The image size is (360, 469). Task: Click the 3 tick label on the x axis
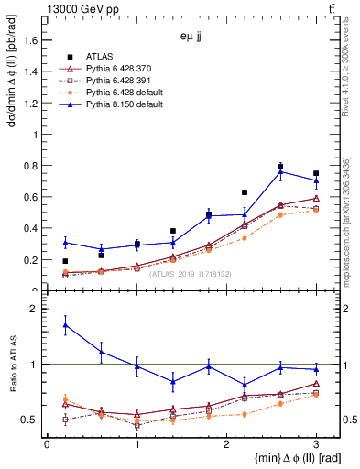[316, 444]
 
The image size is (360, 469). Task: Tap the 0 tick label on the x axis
[47, 444]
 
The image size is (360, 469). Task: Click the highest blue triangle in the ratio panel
[65, 324]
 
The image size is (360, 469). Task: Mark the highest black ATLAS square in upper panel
[280, 167]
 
